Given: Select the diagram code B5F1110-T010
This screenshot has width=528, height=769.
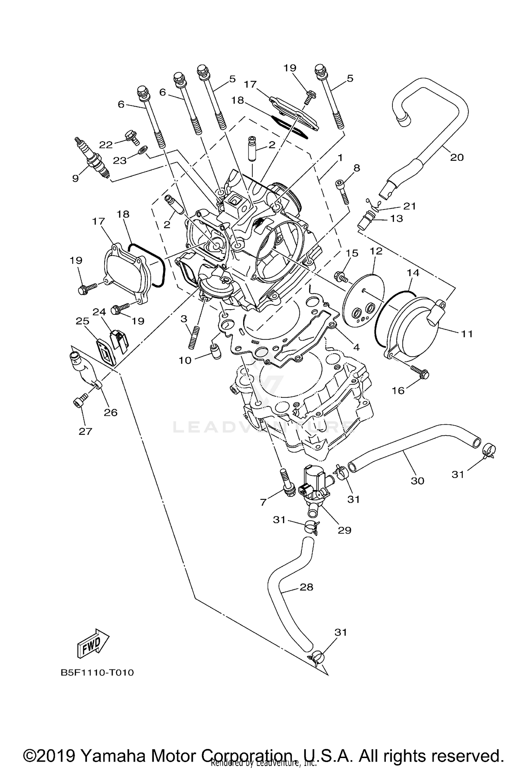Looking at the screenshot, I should (98, 673).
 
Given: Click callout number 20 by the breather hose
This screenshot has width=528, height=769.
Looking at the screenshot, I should (457, 157).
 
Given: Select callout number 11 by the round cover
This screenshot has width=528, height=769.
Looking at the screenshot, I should (467, 333).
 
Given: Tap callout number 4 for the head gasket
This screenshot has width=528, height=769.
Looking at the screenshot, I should (356, 347).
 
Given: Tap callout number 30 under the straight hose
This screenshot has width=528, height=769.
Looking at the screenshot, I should (417, 480).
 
